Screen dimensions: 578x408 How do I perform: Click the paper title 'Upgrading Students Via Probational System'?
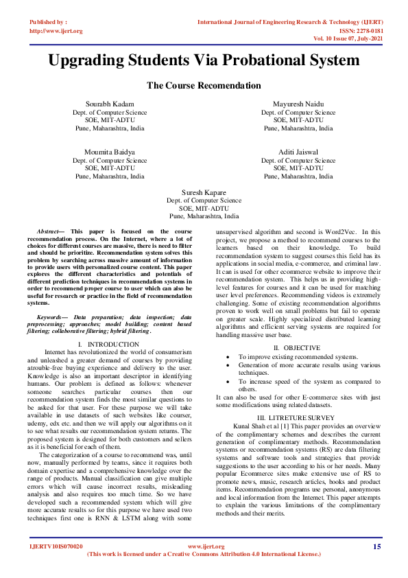click(x=204, y=60)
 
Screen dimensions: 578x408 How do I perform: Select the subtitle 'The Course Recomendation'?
click(x=204, y=86)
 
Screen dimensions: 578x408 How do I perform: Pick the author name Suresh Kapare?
click(x=204, y=192)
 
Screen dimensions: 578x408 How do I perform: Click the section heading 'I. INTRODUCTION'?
click(x=109, y=344)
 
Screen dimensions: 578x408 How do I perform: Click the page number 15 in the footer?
click(x=376, y=546)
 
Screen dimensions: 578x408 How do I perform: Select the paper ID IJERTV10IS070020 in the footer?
click(x=56, y=546)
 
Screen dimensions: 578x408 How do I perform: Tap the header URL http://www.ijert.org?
click(x=56, y=31)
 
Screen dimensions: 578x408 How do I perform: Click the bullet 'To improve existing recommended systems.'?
click(x=298, y=357)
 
